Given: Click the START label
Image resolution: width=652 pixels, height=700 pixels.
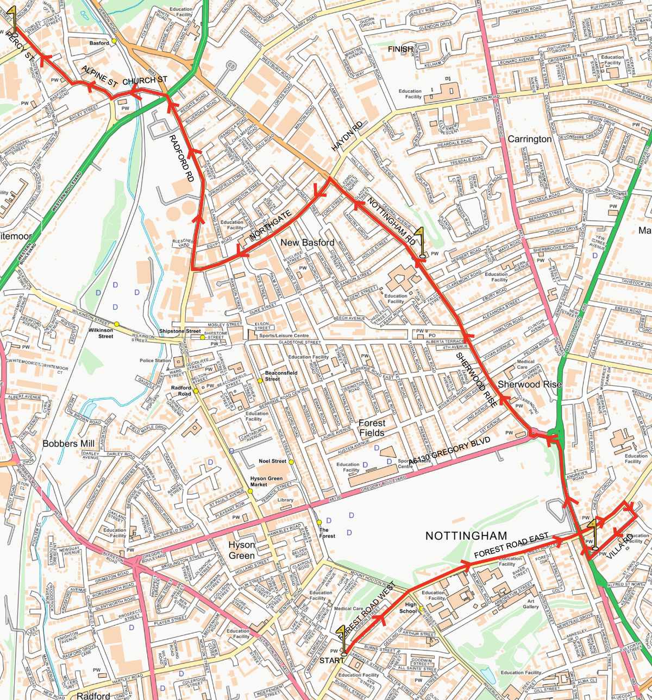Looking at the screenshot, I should (331, 660).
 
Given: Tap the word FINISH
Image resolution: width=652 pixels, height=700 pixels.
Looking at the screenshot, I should (400, 49).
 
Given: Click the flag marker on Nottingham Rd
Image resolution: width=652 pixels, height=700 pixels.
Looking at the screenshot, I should (422, 242).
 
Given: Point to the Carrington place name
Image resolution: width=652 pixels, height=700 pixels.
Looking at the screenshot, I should (529, 139).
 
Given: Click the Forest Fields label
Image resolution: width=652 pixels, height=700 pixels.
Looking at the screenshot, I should (372, 428).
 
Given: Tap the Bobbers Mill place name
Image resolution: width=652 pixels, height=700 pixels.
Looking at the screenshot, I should (68, 444).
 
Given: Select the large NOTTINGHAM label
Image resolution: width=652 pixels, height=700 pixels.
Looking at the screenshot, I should (466, 535).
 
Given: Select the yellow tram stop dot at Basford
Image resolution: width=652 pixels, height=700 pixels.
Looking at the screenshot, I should (115, 41).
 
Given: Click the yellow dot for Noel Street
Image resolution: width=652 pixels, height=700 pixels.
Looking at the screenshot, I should (291, 462).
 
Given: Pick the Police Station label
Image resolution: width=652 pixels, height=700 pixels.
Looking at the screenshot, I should (155, 361).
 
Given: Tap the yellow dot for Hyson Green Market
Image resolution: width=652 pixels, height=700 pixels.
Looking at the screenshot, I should (250, 491).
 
